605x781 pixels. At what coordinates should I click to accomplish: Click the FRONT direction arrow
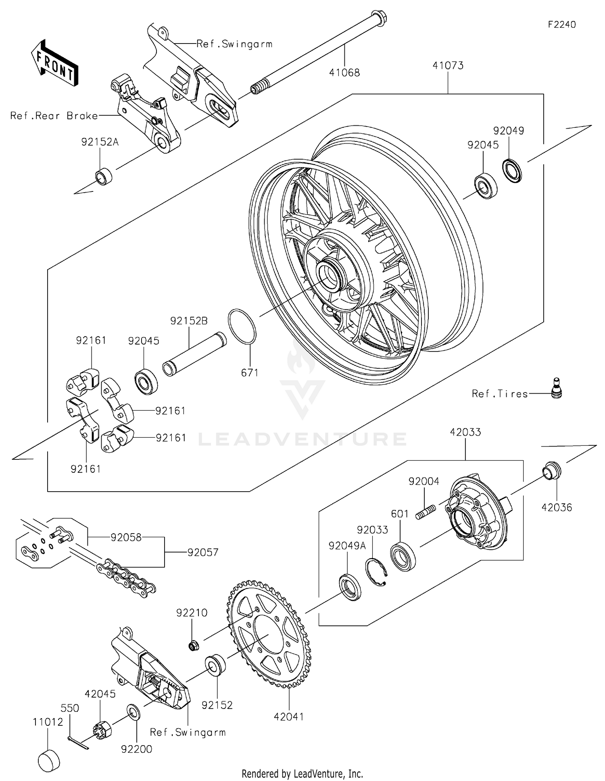[x=54, y=62]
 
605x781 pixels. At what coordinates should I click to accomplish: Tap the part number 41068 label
[x=344, y=73]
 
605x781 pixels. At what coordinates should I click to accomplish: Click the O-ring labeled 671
[x=242, y=327]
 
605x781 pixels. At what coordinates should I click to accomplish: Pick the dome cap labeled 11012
[x=49, y=761]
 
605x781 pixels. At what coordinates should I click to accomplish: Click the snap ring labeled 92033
[x=376, y=571]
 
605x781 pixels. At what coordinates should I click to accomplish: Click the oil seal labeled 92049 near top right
[x=512, y=170]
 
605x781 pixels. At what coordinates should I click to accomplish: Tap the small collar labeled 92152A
[x=103, y=176]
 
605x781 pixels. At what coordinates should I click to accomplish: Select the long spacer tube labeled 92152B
[x=194, y=354]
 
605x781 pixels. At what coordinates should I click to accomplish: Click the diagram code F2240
[x=561, y=25]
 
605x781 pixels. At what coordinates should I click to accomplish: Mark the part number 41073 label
[x=448, y=65]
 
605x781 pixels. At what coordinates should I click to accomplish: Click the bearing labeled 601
[x=403, y=557]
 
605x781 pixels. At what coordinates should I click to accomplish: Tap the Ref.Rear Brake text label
[x=54, y=116]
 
